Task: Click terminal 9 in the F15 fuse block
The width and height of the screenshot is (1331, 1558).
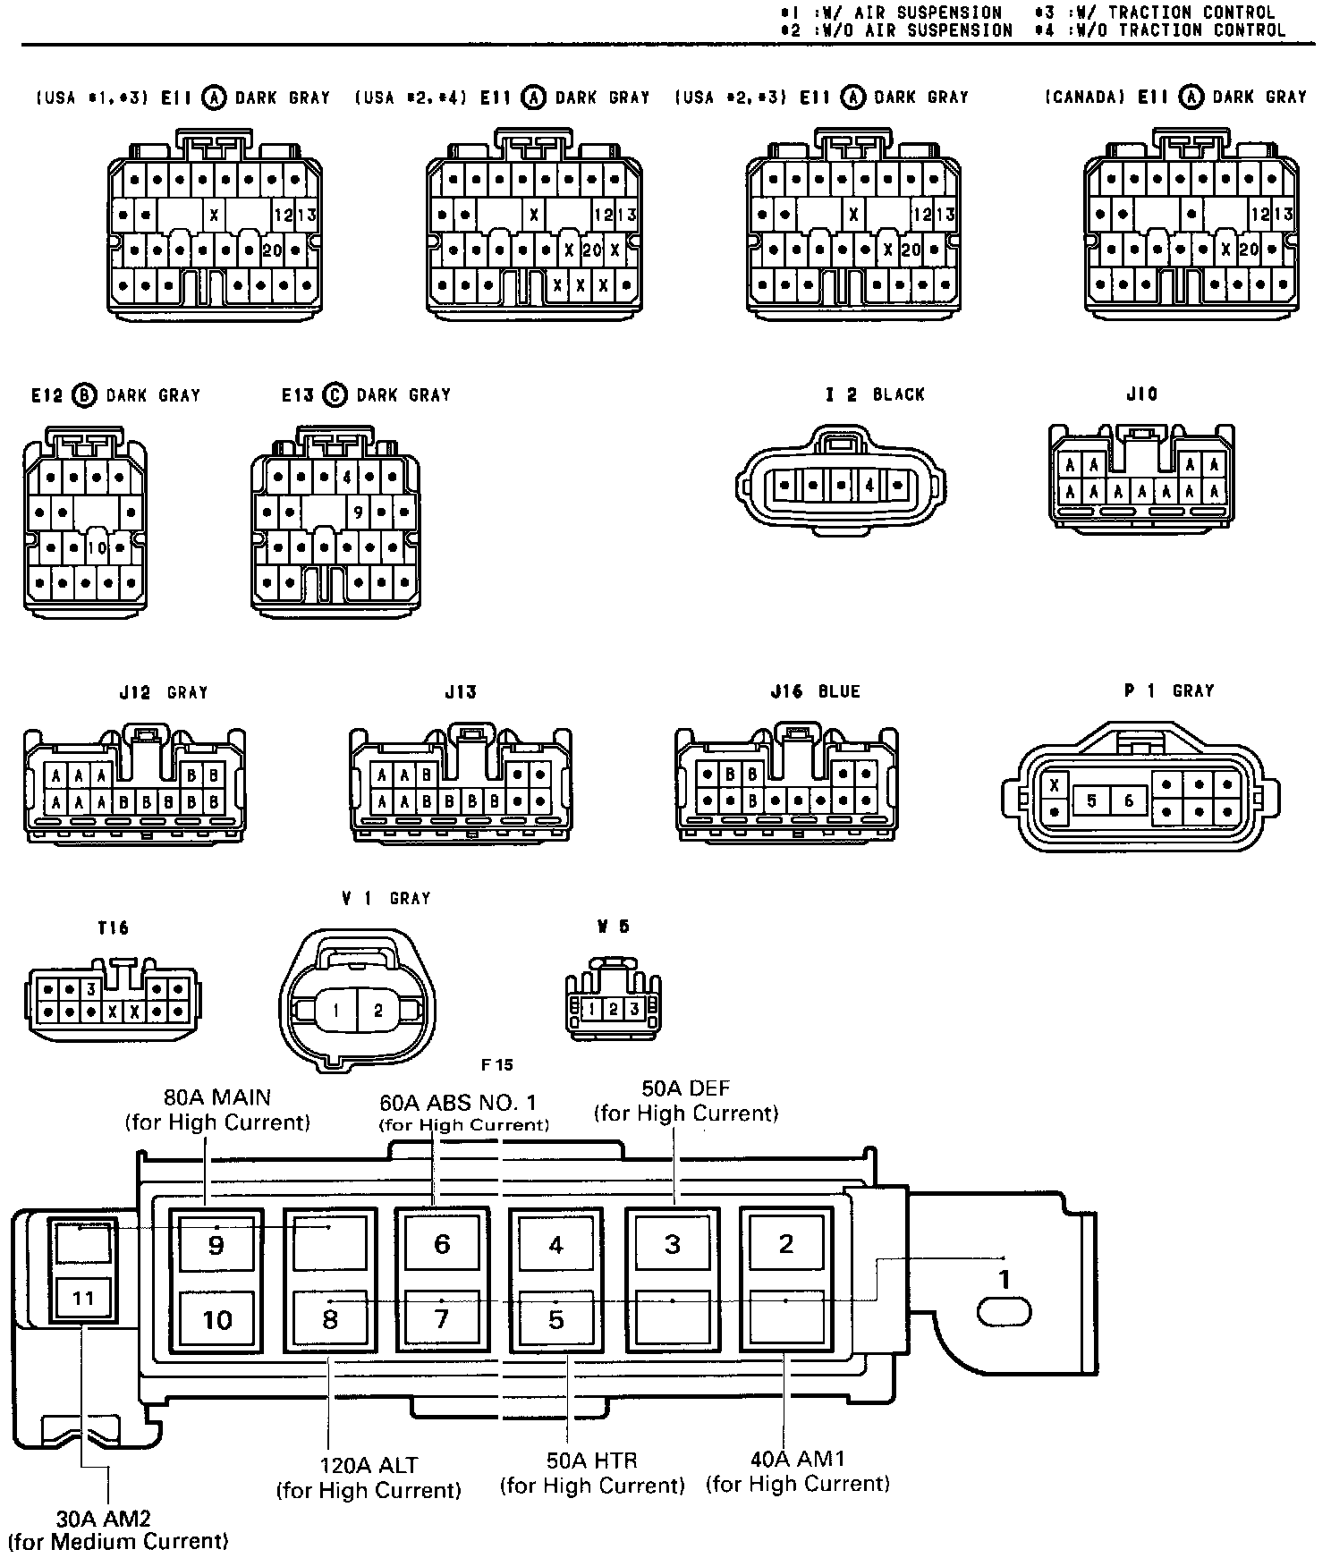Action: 216,1244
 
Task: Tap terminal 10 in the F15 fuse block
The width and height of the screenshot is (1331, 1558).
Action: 217,1319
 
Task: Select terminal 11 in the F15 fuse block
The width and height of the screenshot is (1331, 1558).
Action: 83,1298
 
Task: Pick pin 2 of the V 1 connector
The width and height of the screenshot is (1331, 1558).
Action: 378,1011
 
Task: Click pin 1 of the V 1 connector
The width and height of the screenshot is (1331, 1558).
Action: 335,1011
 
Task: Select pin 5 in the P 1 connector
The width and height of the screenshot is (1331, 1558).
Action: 1091,800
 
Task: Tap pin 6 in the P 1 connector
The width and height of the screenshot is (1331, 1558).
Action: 1129,800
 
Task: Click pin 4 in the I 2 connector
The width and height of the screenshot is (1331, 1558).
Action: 869,487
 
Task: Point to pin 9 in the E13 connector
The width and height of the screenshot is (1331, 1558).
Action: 358,512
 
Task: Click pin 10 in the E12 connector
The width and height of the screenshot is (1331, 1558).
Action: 97,547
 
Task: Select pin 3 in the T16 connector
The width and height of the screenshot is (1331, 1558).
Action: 90,990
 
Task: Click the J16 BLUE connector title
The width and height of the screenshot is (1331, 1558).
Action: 815,691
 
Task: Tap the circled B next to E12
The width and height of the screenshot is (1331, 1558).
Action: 84,395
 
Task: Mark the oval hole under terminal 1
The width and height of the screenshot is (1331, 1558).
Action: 1005,1313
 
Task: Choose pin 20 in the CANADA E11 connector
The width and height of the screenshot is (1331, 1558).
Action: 1249,250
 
